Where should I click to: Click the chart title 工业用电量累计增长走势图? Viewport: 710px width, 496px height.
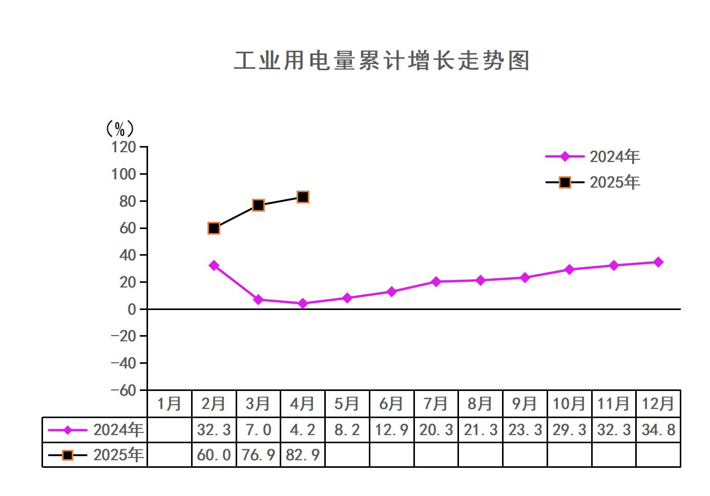coord(382,61)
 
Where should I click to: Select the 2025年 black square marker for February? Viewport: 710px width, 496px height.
coord(214,228)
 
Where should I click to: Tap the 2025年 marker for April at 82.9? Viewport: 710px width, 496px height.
coord(303,197)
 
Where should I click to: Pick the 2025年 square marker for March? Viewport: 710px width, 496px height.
coord(258,205)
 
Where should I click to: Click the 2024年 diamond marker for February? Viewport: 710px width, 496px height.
coord(214,265)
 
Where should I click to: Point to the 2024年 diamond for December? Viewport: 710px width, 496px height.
coord(658,262)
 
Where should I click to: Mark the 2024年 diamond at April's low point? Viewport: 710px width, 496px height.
coord(303,303)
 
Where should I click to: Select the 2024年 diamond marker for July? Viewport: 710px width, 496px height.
coord(436,281)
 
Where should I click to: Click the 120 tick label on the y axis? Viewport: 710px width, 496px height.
coord(124,148)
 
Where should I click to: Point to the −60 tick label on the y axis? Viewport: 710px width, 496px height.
coord(124,390)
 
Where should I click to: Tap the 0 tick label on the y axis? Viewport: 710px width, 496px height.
coord(132,309)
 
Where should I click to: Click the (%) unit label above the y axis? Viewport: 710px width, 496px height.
coord(119,129)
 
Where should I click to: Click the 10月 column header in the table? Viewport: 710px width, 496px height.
coord(569,404)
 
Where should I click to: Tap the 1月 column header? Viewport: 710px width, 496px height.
coord(169,404)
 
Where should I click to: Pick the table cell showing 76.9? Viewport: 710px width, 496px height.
coord(258,455)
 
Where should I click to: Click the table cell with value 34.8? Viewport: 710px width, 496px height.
coord(658,429)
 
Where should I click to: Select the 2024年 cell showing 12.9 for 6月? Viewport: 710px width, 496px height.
coord(391,429)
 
